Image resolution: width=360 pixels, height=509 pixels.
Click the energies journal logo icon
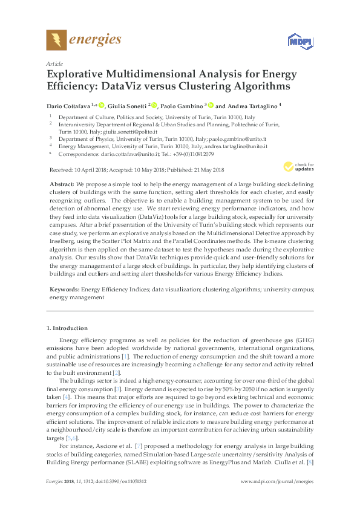click(56, 40)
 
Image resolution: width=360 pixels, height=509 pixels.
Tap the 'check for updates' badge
click(302, 166)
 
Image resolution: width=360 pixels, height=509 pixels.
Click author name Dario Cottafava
click(68, 105)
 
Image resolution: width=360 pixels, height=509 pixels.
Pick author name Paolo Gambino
click(185, 105)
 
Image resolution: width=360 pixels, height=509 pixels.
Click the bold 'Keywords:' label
click(64, 290)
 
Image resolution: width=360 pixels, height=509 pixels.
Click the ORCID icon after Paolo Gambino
click(212, 105)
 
